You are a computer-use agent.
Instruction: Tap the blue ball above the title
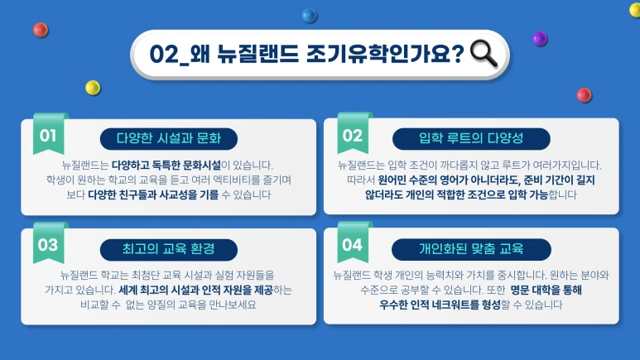pyautogui.click(x=310, y=15)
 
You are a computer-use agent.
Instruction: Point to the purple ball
pyautogui.click(x=539, y=38)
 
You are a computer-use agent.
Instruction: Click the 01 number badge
pyautogui.click(x=47, y=134)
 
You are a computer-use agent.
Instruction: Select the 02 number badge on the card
pyautogui.click(x=353, y=135)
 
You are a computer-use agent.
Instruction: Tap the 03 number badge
pyautogui.click(x=47, y=244)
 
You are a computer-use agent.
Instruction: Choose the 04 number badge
pyautogui.click(x=353, y=244)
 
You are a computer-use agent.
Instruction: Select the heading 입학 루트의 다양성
pyautogui.click(x=472, y=137)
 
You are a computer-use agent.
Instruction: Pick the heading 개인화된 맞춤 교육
pyautogui.click(x=472, y=247)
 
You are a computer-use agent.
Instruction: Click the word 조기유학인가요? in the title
pyautogui.click(x=391, y=54)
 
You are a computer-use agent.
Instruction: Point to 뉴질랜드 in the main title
pyautogui.click(x=257, y=54)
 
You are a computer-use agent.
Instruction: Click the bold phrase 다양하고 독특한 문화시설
pyautogui.click(x=166, y=165)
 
